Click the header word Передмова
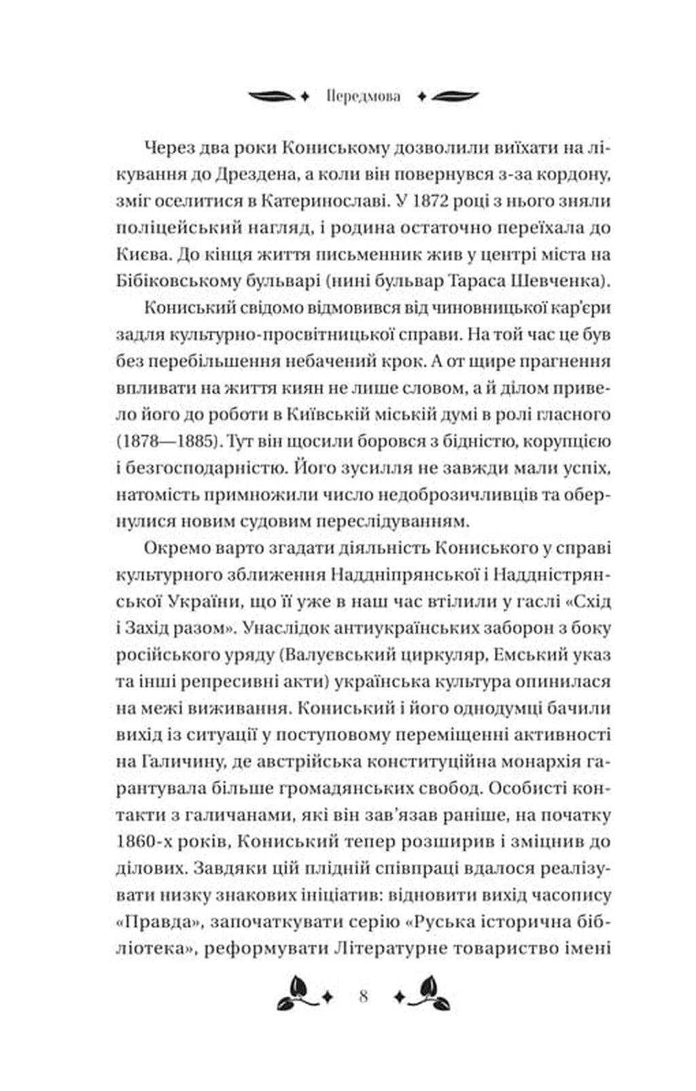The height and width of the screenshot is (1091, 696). (x=363, y=96)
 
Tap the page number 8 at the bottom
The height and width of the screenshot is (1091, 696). (x=363, y=997)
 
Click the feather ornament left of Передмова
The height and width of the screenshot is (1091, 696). (x=271, y=96)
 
